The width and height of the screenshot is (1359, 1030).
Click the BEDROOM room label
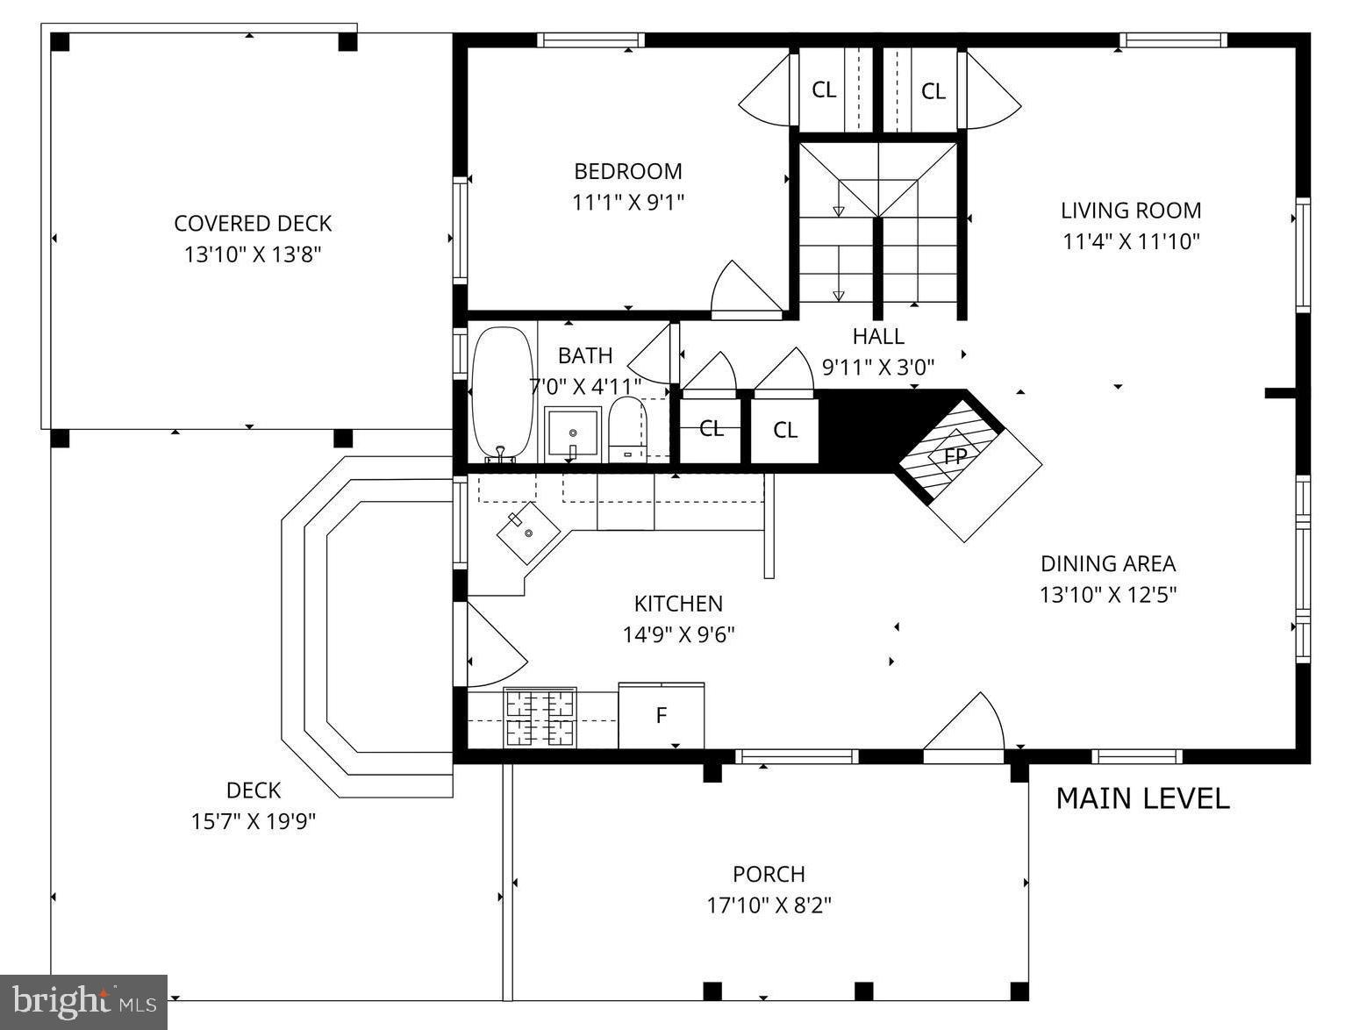pyautogui.click(x=627, y=171)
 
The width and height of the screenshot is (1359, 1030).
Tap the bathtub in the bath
pyautogui.click(x=503, y=393)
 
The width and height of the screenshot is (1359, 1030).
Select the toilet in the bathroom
pyautogui.click(x=626, y=429)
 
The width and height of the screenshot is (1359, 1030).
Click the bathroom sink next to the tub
pyautogui.click(x=572, y=433)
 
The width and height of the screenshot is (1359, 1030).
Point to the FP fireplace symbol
pyautogui.click(x=955, y=456)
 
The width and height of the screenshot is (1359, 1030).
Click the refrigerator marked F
pyautogui.click(x=662, y=716)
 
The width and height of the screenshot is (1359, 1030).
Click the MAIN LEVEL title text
pyautogui.click(x=1142, y=798)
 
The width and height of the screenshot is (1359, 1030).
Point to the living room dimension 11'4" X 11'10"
pyautogui.click(x=1131, y=241)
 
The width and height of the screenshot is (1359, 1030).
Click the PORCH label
pyautogui.click(x=769, y=874)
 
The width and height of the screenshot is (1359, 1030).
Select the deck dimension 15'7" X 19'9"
pyautogui.click(x=254, y=821)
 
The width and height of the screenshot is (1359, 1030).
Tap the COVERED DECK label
pyautogui.click(x=253, y=224)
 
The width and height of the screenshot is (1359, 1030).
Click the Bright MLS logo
pyautogui.click(x=83, y=1002)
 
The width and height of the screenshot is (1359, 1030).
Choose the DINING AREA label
pyautogui.click(x=1108, y=563)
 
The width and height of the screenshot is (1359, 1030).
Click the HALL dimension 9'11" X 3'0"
pyautogui.click(x=878, y=366)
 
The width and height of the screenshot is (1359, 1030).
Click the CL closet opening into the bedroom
pyautogui.click(x=823, y=89)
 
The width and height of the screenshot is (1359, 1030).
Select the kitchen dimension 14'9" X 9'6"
pyautogui.click(x=678, y=633)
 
